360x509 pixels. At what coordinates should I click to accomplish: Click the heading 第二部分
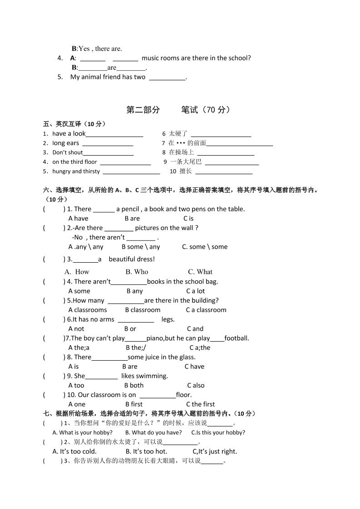click(x=143, y=110)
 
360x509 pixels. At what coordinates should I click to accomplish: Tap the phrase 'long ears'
click(x=66, y=143)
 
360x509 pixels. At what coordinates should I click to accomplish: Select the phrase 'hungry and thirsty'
click(x=76, y=171)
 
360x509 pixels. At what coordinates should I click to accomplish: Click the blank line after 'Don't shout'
click(x=108, y=153)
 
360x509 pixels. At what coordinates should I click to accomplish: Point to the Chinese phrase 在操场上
click(x=181, y=152)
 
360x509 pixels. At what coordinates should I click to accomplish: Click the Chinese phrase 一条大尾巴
click(x=186, y=162)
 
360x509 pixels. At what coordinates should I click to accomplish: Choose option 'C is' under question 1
click(x=188, y=219)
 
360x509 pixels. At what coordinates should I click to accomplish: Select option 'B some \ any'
click(x=141, y=247)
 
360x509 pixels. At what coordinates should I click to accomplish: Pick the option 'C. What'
click(x=200, y=272)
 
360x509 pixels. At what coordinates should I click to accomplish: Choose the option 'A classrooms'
click(x=88, y=310)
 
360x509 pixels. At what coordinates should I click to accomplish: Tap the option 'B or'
click(x=130, y=329)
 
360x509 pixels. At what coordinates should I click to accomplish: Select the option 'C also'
click(x=196, y=386)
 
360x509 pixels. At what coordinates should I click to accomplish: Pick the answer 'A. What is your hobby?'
click(x=83, y=433)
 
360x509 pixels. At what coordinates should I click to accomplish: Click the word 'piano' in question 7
click(x=155, y=338)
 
